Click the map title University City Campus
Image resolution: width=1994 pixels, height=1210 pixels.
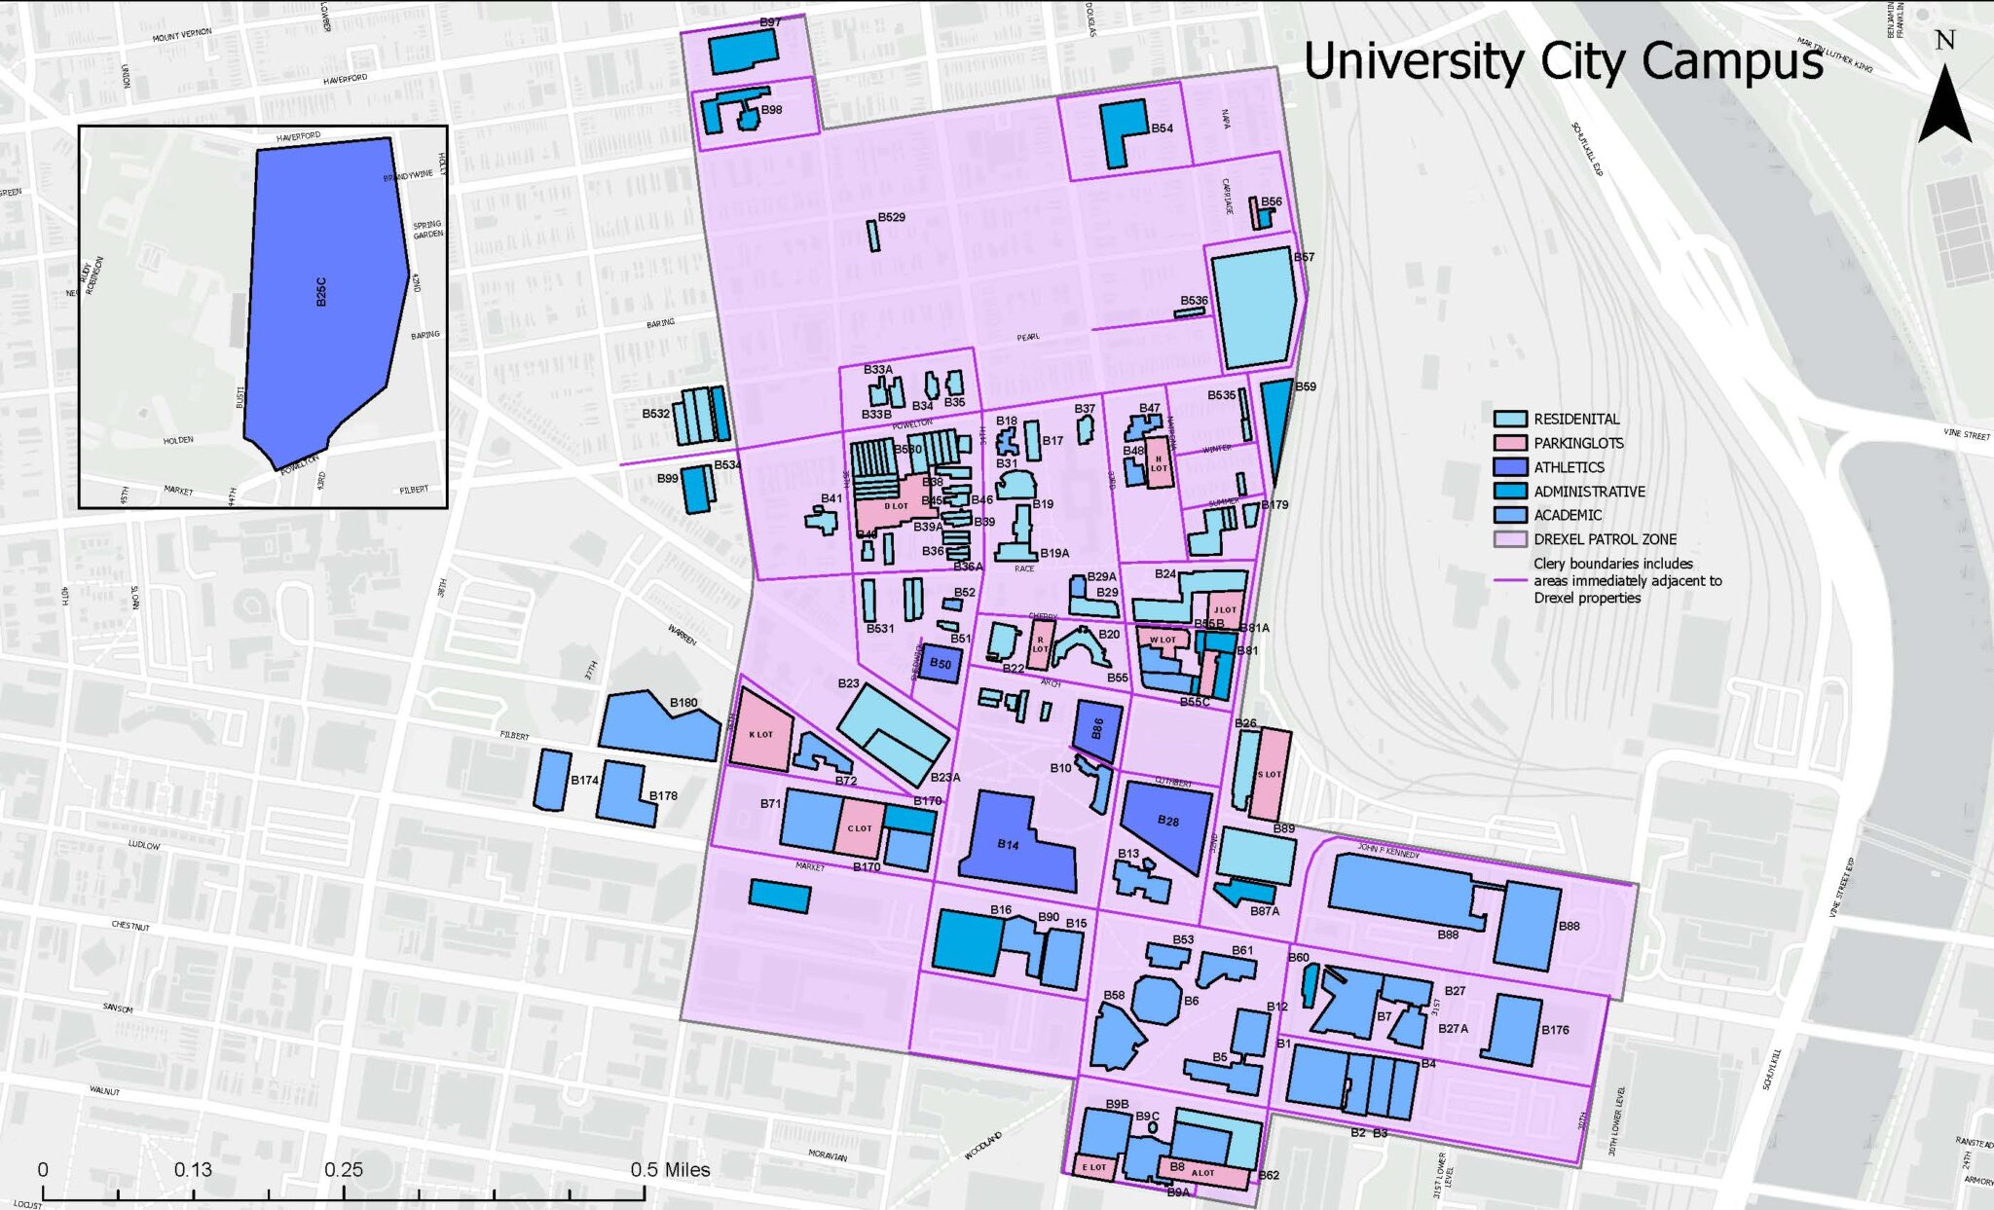tap(1562, 61)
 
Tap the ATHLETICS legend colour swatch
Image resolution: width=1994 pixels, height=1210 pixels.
tap(1510, 467)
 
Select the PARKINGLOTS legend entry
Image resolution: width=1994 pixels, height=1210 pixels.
tap(1578, 443)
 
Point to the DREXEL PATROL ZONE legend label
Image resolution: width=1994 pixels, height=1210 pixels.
tap(1605, 539)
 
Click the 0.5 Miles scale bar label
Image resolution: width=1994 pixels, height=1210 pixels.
tap(670, 1169)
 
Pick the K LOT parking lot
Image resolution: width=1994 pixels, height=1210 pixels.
tap(760, 732)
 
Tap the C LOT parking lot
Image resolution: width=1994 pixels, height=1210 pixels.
tap(859, 827)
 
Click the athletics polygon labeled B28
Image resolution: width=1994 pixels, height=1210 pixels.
tap(1169, 823)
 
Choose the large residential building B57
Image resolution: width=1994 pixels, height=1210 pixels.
tap(1254, 306)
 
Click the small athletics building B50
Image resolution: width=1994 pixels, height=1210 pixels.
tap(940, 663)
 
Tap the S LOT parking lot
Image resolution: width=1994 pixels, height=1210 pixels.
tap(1269, 774)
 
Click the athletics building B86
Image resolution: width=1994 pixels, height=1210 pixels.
tap(1097, 728)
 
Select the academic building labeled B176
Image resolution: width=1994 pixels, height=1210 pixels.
tap(1511, 1029)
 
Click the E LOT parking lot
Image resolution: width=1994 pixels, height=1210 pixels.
tap(1092, 1166)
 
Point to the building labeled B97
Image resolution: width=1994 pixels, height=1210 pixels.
tap(742, 51)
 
